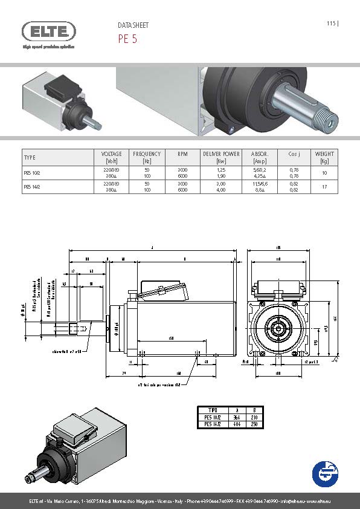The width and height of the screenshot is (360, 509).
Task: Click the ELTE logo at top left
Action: click(49, 31)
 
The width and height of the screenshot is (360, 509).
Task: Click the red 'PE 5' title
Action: click(127, 39)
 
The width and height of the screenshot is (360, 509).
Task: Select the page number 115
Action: click(331, 24)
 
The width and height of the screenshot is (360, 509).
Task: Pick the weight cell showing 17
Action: click(324, 187)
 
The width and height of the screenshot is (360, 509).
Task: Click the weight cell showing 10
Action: click(324, 173)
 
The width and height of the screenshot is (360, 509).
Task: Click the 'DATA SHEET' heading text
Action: click(132, 25)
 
